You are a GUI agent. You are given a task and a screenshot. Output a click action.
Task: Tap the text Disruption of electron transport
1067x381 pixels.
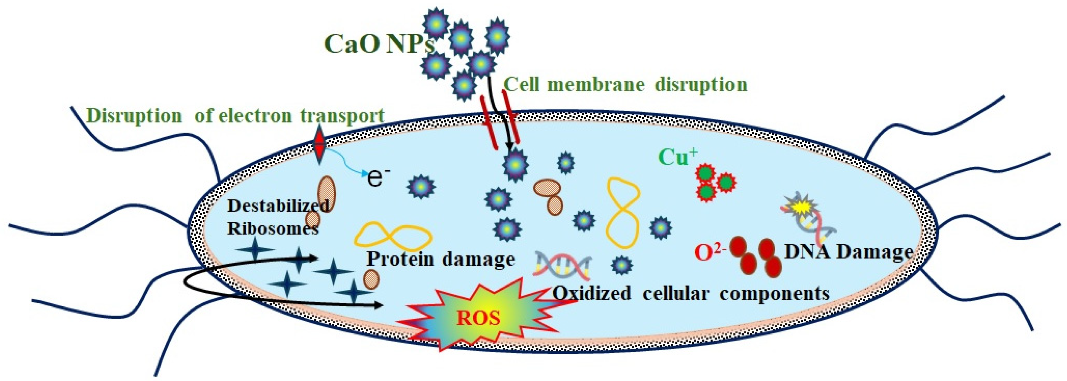236,116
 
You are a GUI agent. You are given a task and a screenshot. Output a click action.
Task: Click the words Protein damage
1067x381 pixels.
441,259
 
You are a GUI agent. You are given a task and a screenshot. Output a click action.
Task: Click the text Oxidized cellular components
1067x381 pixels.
691,294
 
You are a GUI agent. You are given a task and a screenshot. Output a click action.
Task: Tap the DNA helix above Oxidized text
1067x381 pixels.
563,265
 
